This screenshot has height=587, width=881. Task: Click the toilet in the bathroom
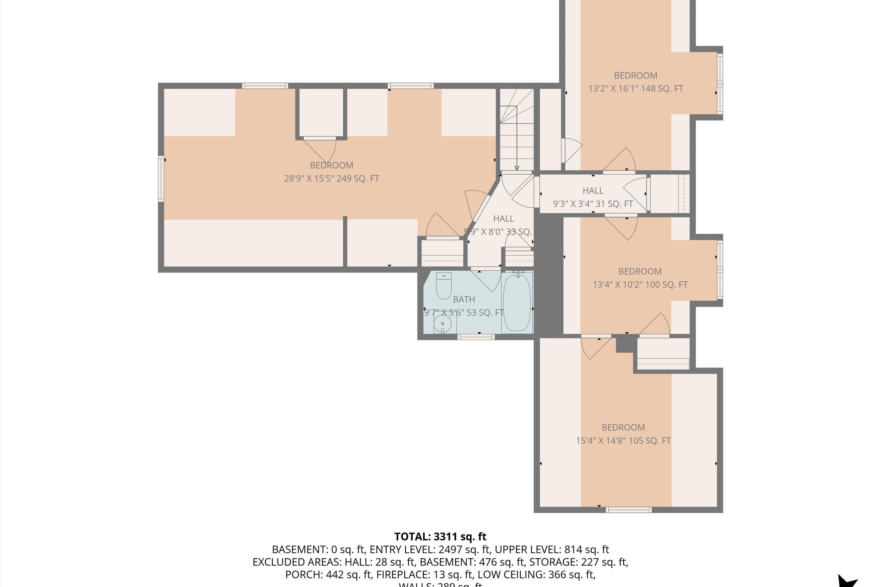pyautogui.click(x=444, y=286)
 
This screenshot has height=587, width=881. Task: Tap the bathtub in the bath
pyautogui.click(x=517, y=303)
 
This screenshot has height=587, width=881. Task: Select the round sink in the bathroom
pyautogui.click(x=442, y=323)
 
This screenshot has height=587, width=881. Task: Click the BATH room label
pyautogui.click(x=464, y=299)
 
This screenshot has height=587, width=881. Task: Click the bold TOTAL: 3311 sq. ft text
pyautogui.click(x=440, y=537)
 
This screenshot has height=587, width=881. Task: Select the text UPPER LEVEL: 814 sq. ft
pyautogui.click(x=552, y=549)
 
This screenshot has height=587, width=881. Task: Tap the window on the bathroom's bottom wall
pyautogui.click(x=476, y=337)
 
